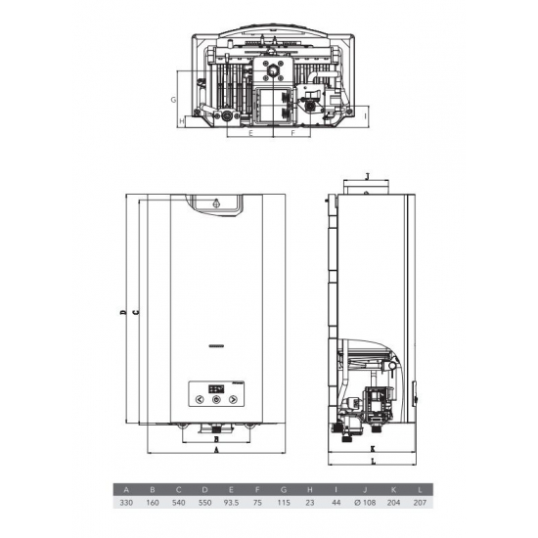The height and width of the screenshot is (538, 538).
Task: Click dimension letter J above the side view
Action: point(365,177)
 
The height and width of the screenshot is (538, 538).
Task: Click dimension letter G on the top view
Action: point(171,100)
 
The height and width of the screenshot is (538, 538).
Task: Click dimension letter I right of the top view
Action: point(365,115)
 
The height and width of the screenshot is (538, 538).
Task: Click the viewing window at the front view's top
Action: point(216,204)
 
